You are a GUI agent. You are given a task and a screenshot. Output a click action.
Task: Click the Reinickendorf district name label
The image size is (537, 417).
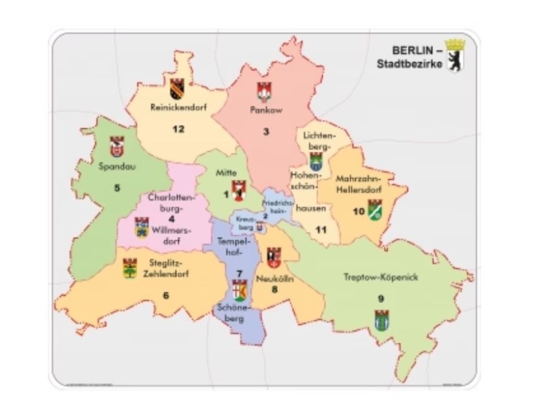tap(178, 107)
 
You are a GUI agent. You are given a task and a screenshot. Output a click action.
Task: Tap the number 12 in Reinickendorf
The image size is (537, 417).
tap(178, 129)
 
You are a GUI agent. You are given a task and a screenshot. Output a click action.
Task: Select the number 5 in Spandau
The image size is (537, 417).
tap(116, 187)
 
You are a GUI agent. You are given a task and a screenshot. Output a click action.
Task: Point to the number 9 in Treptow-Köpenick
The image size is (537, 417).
tap(381, 299)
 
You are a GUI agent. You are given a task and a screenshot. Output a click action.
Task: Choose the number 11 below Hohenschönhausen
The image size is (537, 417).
tap(321, 230)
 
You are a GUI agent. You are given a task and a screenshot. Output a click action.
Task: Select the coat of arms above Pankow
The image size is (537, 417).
tap(265, 91)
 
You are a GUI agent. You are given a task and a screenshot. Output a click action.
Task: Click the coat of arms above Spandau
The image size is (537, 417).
tap(116, 145)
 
